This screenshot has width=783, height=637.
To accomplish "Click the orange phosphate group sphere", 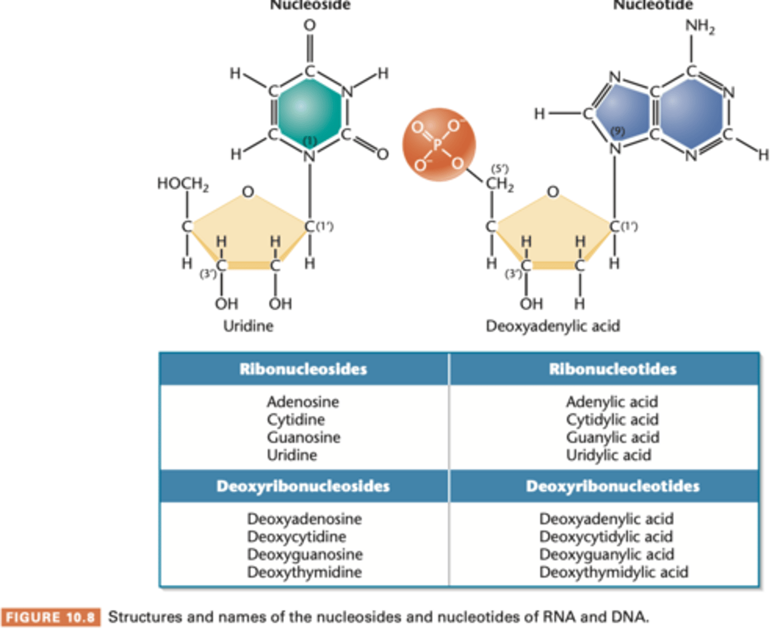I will pos(439,145).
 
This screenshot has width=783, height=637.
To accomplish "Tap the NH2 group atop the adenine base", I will pos(699,27).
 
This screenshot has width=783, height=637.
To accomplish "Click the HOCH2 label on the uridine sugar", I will pos(183,184).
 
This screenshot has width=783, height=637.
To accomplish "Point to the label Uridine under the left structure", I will pos(248,326).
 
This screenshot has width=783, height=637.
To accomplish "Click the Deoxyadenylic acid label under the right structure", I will pos(552,326).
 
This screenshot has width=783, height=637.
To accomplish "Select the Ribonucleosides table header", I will pos(303,369).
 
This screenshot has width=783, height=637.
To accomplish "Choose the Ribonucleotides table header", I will pos(612,369).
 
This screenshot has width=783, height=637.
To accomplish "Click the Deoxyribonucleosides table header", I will pos(303,486).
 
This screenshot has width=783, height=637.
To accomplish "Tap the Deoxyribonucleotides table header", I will pos(612,486).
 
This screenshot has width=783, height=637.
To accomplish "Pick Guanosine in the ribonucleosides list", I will pos(303,438).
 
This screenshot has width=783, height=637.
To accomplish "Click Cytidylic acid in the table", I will pos(612,420).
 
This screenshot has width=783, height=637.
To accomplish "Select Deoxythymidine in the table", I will pos(304,572).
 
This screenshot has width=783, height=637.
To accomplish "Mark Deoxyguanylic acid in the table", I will pos(607,554).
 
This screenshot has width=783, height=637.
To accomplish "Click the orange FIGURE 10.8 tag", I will pos(51,617).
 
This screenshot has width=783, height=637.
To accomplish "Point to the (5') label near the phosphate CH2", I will pos(500,169).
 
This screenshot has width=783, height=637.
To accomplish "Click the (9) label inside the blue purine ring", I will pos(617,131).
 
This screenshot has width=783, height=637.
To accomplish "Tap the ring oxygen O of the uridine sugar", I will pos(248,192).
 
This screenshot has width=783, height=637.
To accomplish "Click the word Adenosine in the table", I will pos(303,402).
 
